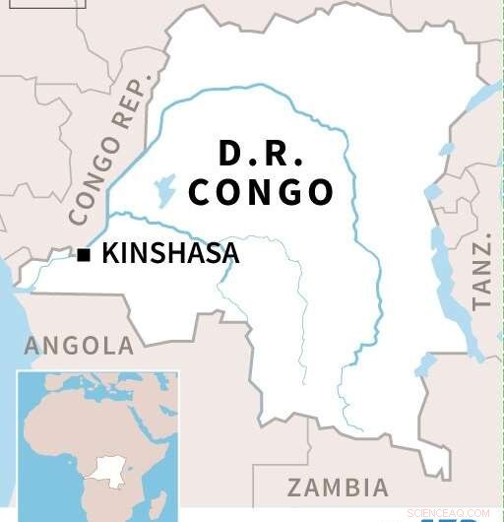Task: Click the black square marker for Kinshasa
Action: click(x=84, y=255)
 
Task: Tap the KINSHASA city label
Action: click(x=170, y=254)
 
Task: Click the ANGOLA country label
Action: click(x=79, y=346)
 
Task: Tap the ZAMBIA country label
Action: click(x=338, y=487)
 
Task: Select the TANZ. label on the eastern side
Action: click(x=480, y=275)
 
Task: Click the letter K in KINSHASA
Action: click(x=110, y=254)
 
